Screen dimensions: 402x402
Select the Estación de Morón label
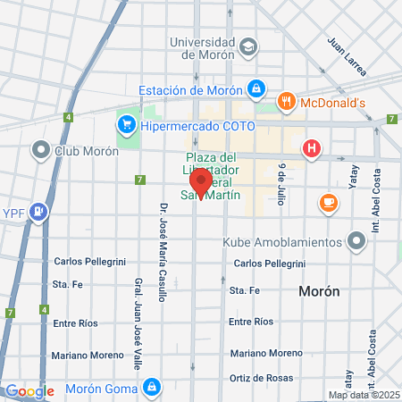191,89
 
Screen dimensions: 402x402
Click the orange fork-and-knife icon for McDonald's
287,102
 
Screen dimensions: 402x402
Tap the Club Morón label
87,150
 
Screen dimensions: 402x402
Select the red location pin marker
201,182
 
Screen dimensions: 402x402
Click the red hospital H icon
311,148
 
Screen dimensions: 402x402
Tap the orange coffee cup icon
328,204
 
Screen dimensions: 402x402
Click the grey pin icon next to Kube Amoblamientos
356,241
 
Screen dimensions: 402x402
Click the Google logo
29,391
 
